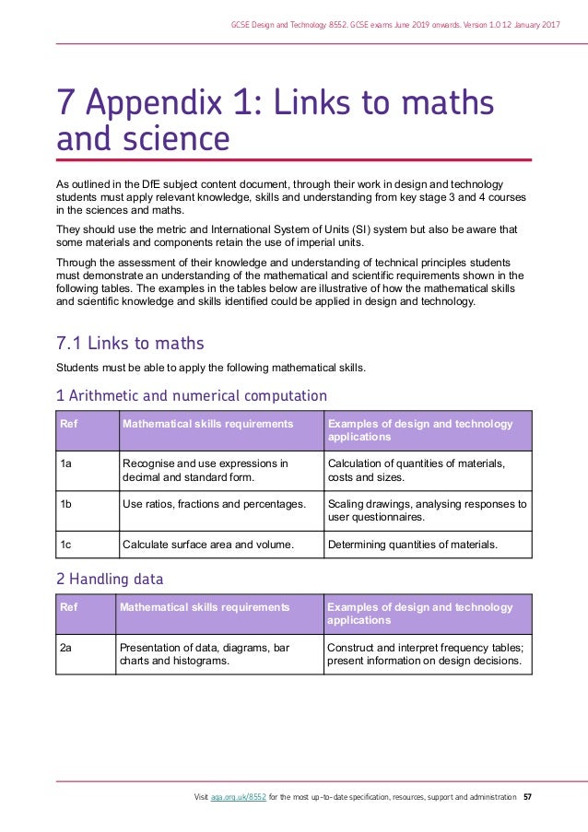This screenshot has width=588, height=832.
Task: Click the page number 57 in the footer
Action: (x=526, y=796)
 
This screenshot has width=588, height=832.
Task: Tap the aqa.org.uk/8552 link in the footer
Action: (x=238, y=796)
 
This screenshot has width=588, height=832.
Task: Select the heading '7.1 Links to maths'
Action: (x=130, y=344)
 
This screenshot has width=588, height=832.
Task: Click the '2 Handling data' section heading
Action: (x=110, y=580)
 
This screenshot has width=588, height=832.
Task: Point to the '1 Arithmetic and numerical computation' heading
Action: (x=192, y=395)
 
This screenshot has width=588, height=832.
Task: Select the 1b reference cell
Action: (x=65, y=504)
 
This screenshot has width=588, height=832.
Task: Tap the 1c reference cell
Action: (x=65, y=545)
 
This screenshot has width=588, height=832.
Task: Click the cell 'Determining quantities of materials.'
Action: (x=412, y=545)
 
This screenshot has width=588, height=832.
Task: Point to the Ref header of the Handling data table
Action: (x=68, y=607)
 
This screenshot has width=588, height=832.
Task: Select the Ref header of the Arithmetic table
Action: (x=68, y=424)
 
